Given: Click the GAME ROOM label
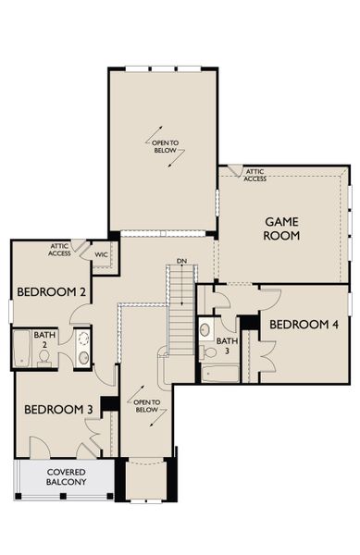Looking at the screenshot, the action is [281, 228].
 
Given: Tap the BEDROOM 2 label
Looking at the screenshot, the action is [51, 292].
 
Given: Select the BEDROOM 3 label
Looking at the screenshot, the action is [58, 410].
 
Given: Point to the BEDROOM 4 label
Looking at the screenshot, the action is [304, 325].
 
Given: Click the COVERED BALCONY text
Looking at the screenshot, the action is [67, 476].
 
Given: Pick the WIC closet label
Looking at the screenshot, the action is [101, 254].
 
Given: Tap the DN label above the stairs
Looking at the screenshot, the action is [181, 261].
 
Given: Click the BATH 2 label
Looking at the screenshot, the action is [44, 339].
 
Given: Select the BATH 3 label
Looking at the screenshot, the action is [228, 345].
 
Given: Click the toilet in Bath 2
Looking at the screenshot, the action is [44, 358].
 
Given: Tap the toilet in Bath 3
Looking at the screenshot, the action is [208, 352].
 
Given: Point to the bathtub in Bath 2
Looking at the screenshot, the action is [22, 349].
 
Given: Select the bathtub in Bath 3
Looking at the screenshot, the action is [220, 374].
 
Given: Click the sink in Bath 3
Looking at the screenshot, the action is [205, 329].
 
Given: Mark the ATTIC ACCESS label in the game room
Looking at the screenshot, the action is [254, 175].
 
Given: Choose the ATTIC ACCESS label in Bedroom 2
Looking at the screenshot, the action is [59, 250].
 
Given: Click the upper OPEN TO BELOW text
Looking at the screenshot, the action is [165, 146].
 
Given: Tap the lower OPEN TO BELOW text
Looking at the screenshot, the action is [146, 406].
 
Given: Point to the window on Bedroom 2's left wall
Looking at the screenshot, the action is [10, 312].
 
